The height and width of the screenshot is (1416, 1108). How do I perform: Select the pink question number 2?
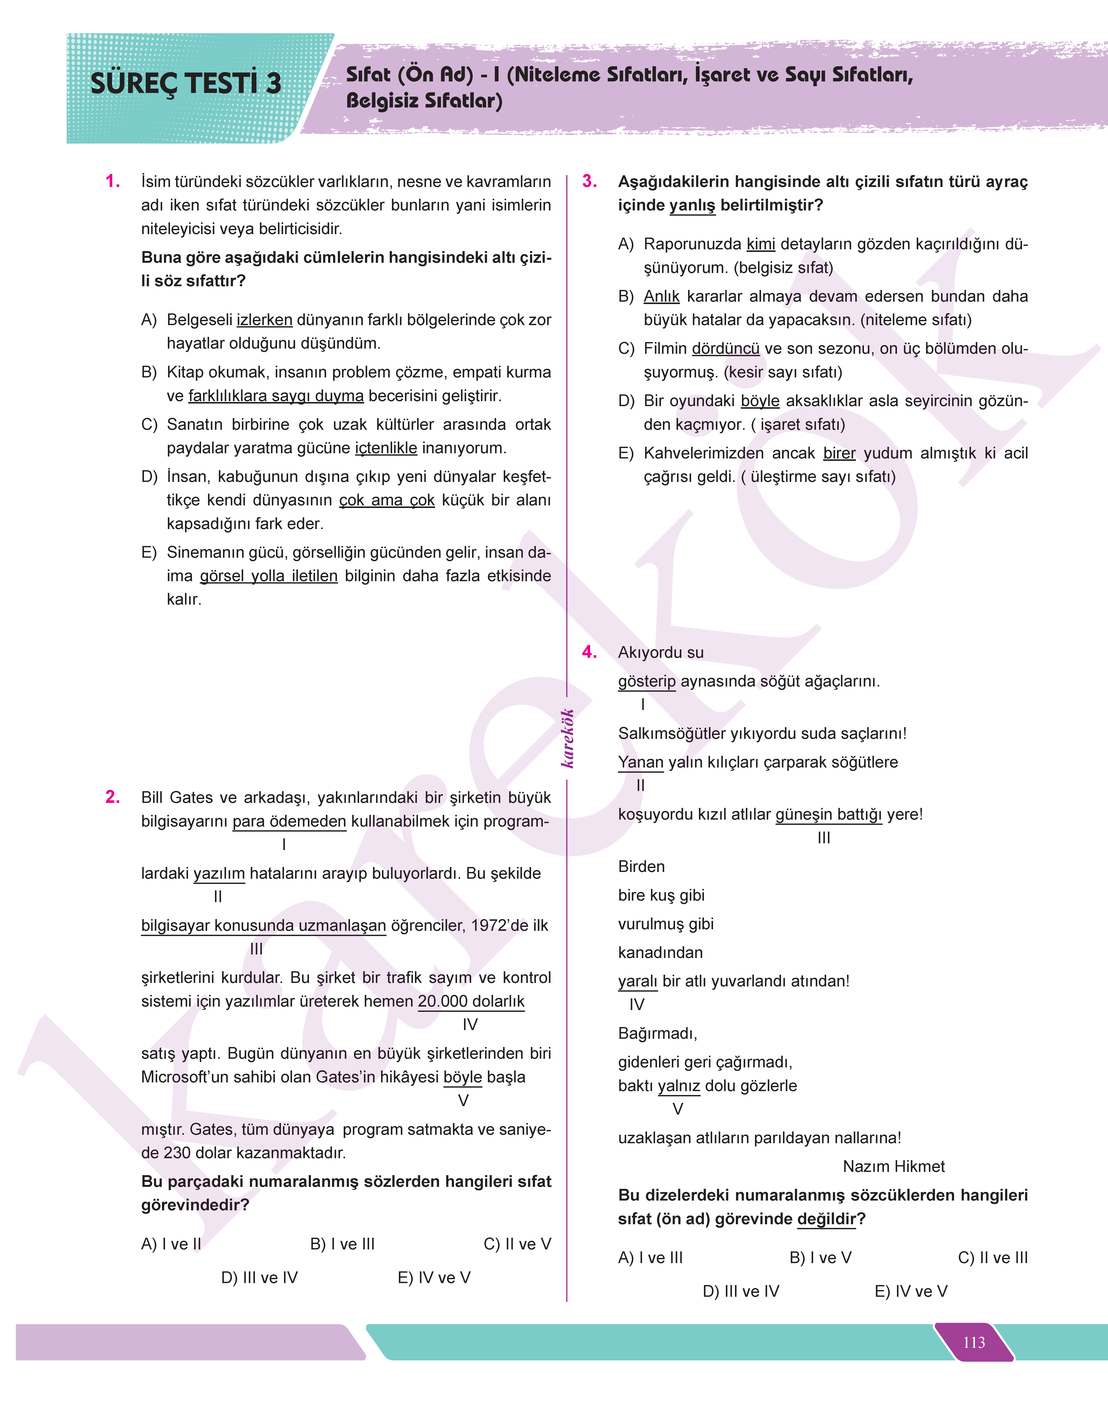click(x=113, y=797)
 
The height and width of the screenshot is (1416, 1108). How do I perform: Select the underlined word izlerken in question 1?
click(x=264, y=320)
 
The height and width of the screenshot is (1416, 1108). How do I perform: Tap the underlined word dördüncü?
click(x=725, y=349)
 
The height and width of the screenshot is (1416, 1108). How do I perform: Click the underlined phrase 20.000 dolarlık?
click(x=471, y=1001)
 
